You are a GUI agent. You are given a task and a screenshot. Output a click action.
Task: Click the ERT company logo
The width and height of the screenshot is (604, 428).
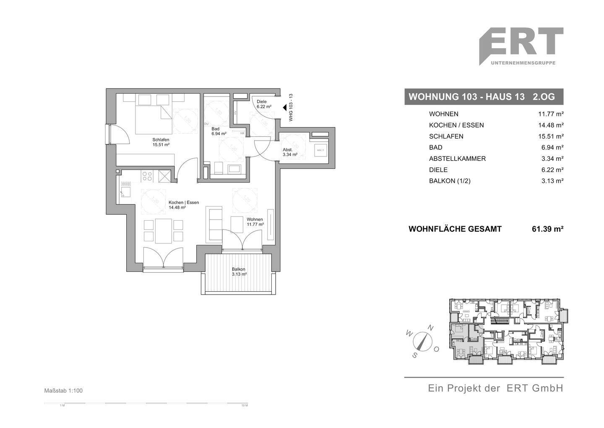pos(521,46)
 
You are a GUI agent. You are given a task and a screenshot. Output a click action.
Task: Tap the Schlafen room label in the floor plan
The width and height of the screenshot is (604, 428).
pos(161,142)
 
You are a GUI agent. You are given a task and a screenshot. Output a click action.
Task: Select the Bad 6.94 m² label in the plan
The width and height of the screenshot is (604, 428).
pos(219,131)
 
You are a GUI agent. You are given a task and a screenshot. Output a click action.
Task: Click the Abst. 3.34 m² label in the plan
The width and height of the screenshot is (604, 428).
pos(289,152)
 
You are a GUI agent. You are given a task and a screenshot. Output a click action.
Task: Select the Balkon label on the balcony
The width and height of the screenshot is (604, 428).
pos(238,271)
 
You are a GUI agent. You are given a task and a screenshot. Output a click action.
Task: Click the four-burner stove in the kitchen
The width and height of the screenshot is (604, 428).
pos(147,176)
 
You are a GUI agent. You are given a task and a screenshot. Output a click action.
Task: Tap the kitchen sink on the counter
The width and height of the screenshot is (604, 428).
pos(125,191)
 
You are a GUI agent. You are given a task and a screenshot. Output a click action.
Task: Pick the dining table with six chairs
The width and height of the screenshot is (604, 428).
pos(163,231)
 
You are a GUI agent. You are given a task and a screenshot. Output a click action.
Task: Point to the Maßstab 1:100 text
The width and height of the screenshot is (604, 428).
pos(63,391)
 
